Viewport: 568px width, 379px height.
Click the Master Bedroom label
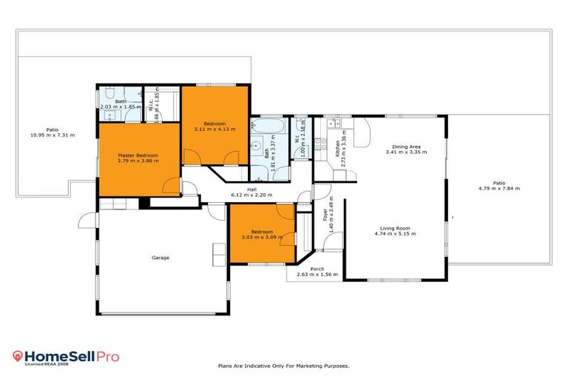point(138,155)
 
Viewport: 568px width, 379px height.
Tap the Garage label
point(160,258)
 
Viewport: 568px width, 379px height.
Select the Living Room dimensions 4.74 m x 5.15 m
point(395,234)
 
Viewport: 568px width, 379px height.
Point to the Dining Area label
point(406,146)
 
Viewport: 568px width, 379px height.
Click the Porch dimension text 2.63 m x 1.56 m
point(317,275)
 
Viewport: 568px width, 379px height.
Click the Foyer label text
point(325,215)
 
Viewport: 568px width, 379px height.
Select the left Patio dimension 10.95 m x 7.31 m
point(52,135)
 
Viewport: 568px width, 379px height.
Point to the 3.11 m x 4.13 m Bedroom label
point(214,129)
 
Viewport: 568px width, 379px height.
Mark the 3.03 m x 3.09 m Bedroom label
point(263,237)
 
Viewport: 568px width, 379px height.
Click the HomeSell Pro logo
point(67,357)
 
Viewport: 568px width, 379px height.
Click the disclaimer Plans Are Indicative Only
point(283,366)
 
